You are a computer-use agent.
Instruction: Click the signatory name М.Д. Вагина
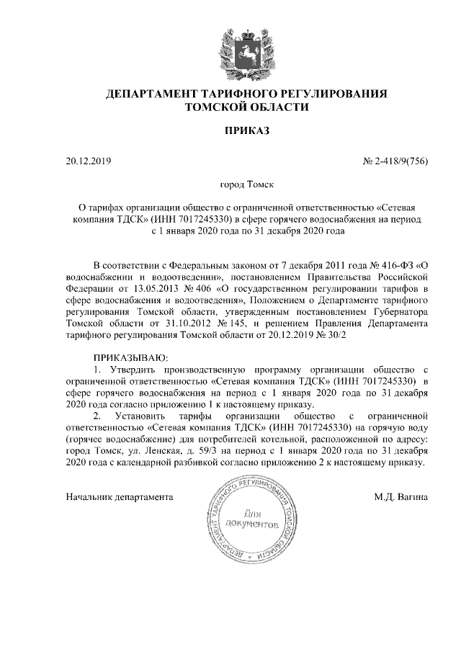[x=401, y=497]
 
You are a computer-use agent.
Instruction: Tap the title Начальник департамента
[x=120, y=497]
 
